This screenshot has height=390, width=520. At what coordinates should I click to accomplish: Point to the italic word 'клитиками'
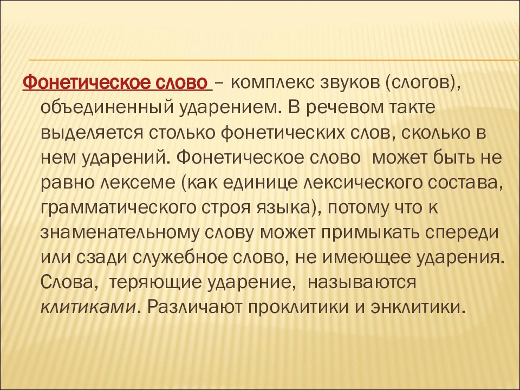point(88,308)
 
